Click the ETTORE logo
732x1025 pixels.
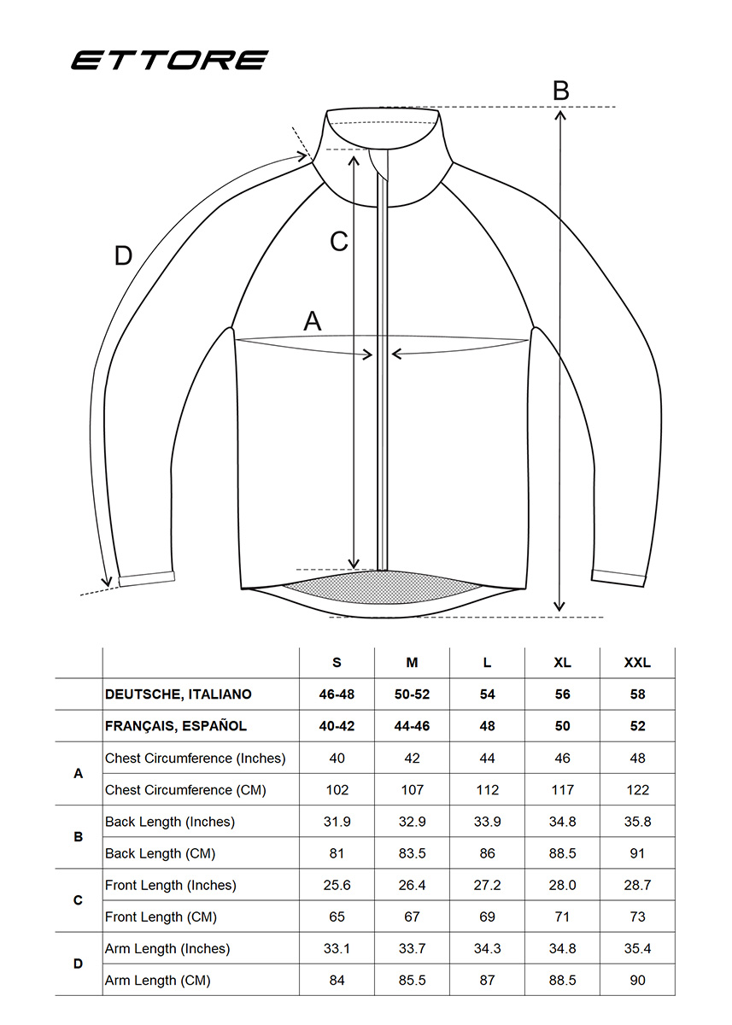pos(170,60)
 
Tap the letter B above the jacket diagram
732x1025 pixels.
pos(561,91)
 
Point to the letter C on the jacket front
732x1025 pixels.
pos(339,241)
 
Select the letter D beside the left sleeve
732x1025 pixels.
pos(123,255)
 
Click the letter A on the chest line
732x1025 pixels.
pos(313,321)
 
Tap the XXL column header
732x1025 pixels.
pos(637,663)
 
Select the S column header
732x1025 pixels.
pos(337,663)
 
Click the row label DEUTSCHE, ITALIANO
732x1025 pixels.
pos(179,694)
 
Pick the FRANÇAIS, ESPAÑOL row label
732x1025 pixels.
pos(176,726)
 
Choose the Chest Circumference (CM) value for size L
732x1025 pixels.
pos(487,790)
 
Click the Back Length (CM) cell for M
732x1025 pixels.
pos(412,853)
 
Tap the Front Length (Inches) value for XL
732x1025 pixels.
pos(562,885)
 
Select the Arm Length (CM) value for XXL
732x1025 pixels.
pos(637,981)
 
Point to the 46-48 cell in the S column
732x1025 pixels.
pos(337,694)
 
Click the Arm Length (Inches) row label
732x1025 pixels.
pos(167,949)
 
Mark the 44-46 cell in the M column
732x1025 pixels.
pos(412,726)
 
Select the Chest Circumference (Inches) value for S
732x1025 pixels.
pos(337,758)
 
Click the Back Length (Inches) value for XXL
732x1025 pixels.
pos(637,822)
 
